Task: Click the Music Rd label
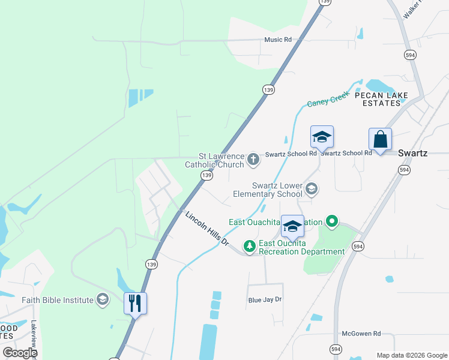point(278,40)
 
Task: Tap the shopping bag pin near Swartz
point(380,140)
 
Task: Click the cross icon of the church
point(253,160)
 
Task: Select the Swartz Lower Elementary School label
point(277,190)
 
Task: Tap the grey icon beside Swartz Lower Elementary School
point(311,190)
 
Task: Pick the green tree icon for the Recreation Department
point(249,246)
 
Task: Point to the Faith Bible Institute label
point(58,300)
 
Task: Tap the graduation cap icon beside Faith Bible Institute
point(103,299)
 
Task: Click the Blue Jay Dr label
point(265,299)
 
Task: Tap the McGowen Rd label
point(361,334)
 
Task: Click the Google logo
point(20,353)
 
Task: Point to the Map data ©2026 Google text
point(412,355)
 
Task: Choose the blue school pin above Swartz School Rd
point(322,137)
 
